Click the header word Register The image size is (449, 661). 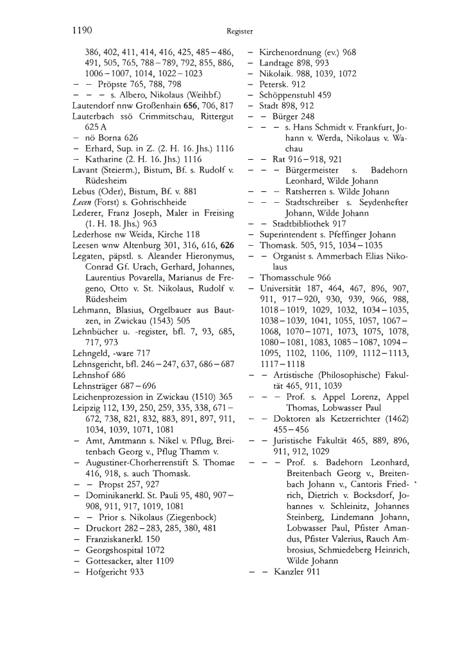click(x=240, y=30)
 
